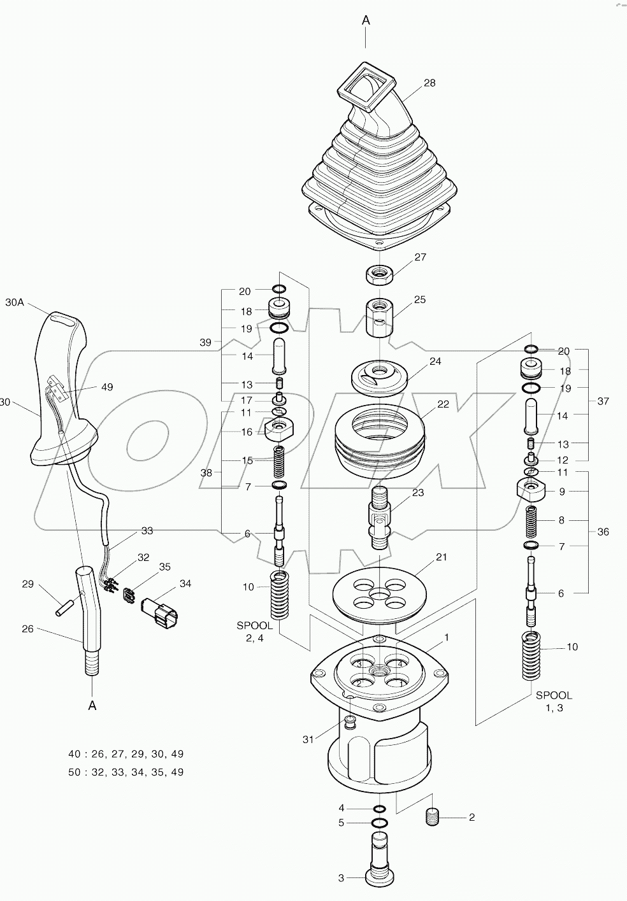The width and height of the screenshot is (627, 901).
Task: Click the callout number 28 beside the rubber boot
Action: click(429, 83)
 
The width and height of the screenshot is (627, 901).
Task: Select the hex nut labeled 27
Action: click(378, 276)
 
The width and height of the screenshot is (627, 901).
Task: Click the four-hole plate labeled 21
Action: click(378, 595)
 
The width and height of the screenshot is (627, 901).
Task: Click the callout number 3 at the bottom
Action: click(341, 878)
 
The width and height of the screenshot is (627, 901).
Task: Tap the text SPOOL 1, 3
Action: click(553, 701)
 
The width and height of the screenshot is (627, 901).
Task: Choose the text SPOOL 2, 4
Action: click(254, 632)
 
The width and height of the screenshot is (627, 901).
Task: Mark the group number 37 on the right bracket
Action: click(603, 401)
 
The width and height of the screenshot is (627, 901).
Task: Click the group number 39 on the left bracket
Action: click(205, 343)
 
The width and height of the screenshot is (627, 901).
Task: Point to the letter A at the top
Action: click(366, 20)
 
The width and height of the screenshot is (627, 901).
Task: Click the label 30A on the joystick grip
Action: click(15, 303)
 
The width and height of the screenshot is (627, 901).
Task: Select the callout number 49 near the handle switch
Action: click(107, 387)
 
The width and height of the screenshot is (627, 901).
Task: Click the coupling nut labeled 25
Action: click(380, 316)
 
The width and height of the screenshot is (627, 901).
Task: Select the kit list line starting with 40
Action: click(126, 754)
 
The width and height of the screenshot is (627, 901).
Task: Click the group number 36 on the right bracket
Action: click(603, 532)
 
